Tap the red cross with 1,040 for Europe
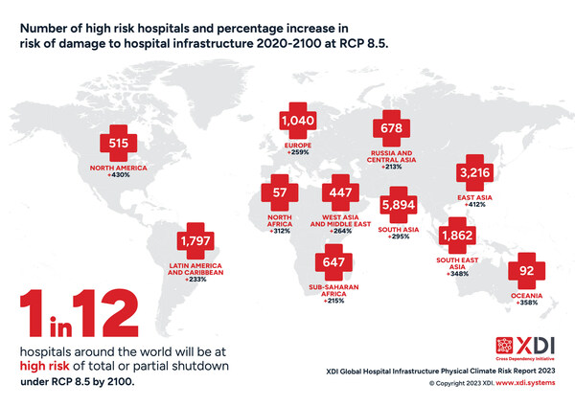coord(298,121)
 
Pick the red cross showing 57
coord(281,192)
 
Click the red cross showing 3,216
coord(476,172)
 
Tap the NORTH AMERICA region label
coord(120,169)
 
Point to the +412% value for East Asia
coord(475,204)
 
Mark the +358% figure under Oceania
coord(527,305)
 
